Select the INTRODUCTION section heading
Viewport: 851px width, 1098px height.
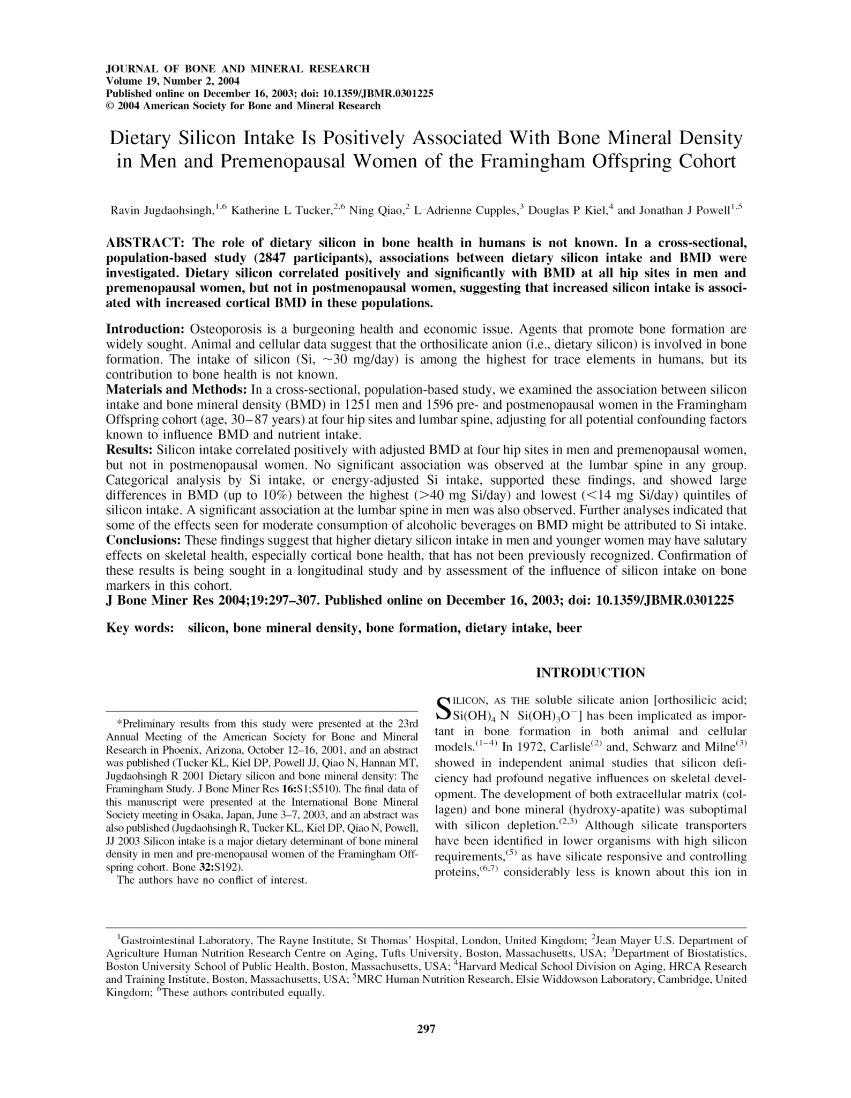[591, 672]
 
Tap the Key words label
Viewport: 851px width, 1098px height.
[140, 628]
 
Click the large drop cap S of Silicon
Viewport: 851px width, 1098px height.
[443, 709]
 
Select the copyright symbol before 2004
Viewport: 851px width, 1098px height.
[110, 106]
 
